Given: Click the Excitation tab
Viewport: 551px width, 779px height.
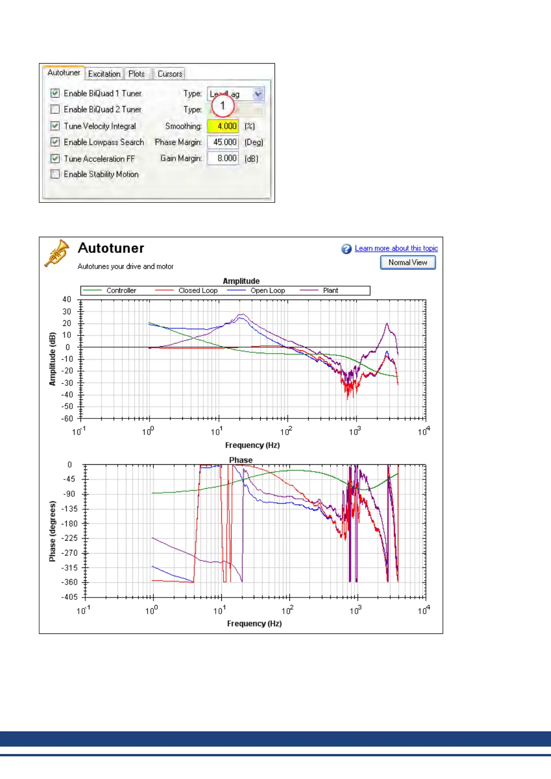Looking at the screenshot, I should point(104,74).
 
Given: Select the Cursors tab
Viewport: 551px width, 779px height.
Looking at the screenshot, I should point(169,74).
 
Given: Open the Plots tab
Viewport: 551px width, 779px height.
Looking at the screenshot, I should point(137,74).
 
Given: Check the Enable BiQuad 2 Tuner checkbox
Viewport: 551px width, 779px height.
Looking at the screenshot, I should point(55,109).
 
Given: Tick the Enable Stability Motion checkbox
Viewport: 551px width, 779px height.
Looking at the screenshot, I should point(55,174).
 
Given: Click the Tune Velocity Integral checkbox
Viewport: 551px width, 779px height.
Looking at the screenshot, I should point(55,126).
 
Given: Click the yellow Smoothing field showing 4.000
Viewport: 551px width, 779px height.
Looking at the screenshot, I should point(223,126).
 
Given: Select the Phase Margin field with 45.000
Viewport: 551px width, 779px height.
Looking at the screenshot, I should point(223,142).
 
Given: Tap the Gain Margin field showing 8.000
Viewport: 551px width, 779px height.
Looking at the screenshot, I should point(223,158).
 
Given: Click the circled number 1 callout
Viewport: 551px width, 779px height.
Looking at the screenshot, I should point(223,106).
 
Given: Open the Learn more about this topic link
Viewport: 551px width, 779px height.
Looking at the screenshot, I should point(396,248).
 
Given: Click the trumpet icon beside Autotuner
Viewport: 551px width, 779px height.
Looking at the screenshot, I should point(57,253).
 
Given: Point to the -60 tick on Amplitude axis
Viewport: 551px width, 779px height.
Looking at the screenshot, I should point(68,418).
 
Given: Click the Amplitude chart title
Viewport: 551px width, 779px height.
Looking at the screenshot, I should point(241,281).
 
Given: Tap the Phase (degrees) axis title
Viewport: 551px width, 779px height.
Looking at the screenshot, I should point(52,531).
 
